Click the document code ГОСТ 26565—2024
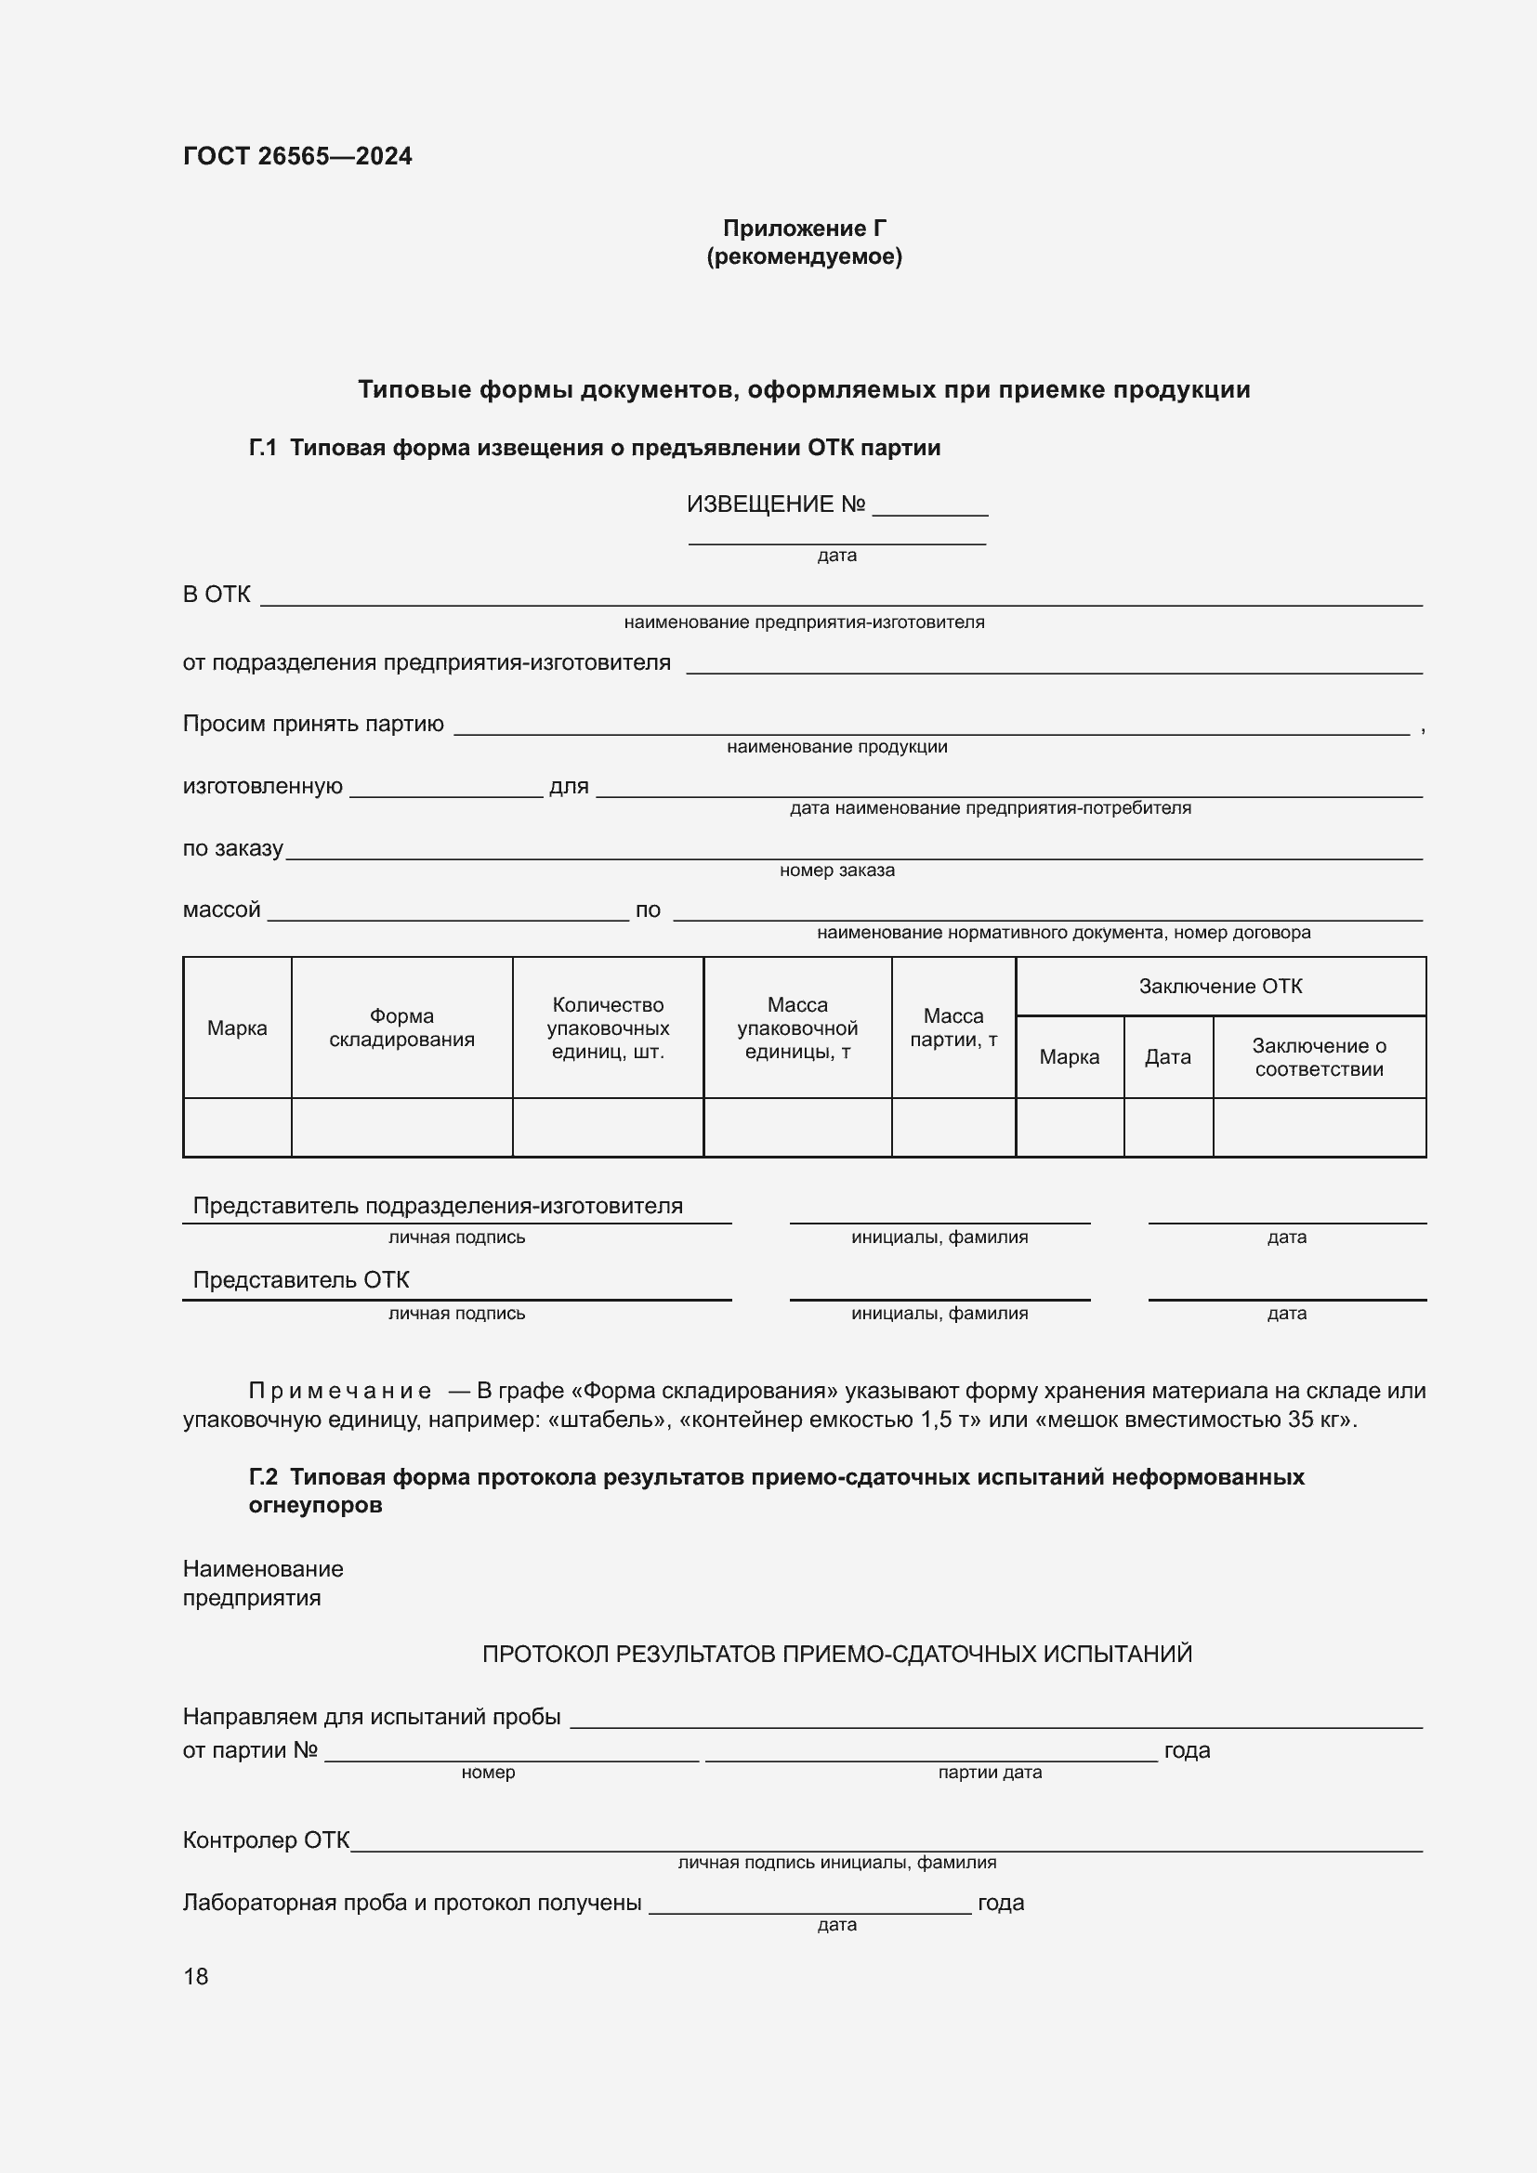point(297,156)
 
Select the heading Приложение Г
point(804,229)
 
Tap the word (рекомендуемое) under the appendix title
point(804,256)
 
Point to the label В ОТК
point(217,595)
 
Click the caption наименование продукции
point(836,747)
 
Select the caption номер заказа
point(836,870)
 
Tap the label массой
point(221,910)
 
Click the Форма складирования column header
point(401,1028)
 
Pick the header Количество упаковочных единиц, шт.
point(608,1028)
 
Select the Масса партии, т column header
point(953,1028)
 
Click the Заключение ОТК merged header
point(1220,987)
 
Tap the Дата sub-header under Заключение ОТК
point(1167,1057)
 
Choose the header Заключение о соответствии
point(1319,1057)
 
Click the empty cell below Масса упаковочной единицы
point(797,1127)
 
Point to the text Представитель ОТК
point(301,1279)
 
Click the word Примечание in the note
point(340,1391)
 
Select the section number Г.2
point(262,1476)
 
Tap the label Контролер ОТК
point(266,1839)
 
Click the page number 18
point(196,1976)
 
